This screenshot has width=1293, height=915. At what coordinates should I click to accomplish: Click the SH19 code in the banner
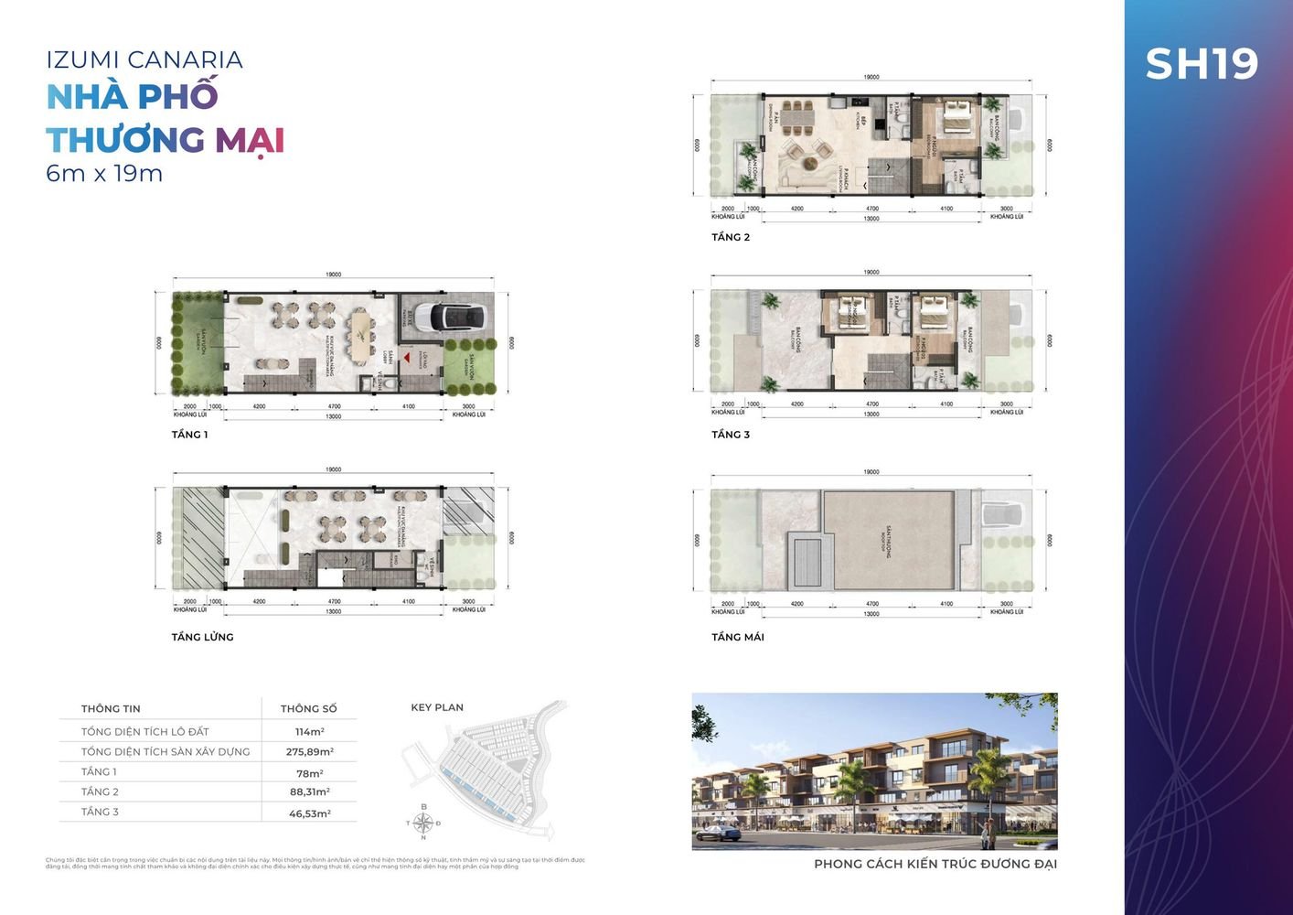tap(1202, 64)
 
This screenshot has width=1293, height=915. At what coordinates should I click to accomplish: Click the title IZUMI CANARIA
tap(144, 60)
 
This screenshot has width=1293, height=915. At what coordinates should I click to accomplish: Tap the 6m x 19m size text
tap(104, 173)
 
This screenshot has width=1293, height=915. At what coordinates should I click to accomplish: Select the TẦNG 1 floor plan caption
tap(189, 435)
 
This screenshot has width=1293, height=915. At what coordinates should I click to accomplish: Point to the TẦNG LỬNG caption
tap(202, 637)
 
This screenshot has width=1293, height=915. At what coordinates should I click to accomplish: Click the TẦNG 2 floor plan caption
tap(731, 237)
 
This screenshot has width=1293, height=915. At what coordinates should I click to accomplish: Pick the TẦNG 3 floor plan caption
tap(731, 435)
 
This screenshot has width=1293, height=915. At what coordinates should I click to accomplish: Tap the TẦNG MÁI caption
tap(738, 637)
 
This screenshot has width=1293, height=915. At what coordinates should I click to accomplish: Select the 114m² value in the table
tap(309, 732)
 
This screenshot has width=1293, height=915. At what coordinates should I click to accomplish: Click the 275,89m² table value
tap(309, 752)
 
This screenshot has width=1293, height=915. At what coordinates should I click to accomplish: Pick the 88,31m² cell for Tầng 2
tap(309, 792)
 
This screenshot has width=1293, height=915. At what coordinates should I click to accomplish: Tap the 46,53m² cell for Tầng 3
tap(309, 813)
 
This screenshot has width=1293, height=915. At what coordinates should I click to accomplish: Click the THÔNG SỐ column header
tap(308, 709)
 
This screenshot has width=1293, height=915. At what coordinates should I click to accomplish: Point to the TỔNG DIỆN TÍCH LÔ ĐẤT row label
tap(144, 732)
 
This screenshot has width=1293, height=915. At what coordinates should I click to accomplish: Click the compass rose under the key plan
tap(423, 822)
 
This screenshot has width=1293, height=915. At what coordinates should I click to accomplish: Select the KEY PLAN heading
tap(437, 707)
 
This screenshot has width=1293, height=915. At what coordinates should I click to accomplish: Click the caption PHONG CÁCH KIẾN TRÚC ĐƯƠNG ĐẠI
tap(935, 864)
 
